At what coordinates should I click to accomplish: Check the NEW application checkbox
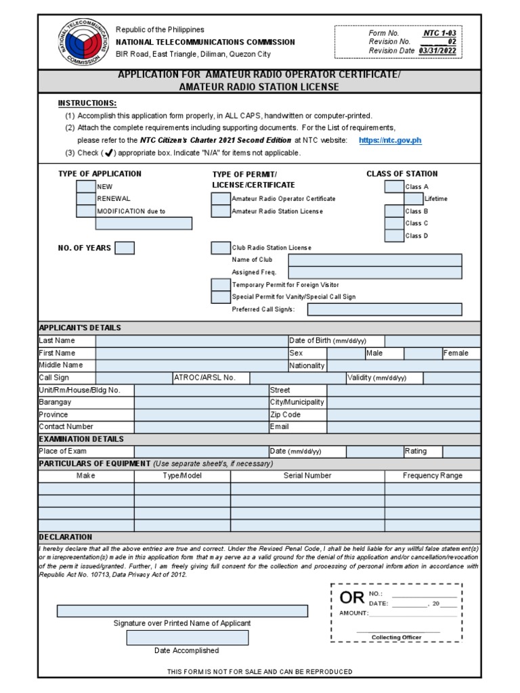pyautogui.click(x=86, y=186)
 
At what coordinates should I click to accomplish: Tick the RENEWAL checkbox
pyautogui.click(x=86, y=199)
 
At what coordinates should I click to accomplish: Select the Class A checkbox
pyautogui.click(x=394, y=186)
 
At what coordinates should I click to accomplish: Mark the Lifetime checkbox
pyautogui.click(x=414, y=199)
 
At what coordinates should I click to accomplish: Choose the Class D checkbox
pyautogui.click(x=394, y=236)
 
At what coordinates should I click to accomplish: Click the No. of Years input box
pyautogui.click(x=125, y=248)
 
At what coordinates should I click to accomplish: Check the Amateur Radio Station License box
pyautogui.click(x=221, y=211)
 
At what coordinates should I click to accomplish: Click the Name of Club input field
pyautogui.click(x=375, y=260)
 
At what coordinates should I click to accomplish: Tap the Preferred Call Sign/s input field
pyautogui.click(x=385, y=309)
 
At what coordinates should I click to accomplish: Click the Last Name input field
pyautogui.click(x=191, y=341)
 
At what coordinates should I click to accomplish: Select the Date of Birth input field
pyautogui.click(x=433, y=341)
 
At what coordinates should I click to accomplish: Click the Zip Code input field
pyautogui.click(x=404, y=415)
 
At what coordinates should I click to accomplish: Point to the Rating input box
pyautogui.click(x=462, y=451)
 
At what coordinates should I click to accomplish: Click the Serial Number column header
pyautogui.click(x=307, y=476)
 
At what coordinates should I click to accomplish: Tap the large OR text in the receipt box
pyautogui.click(x=352, y=598)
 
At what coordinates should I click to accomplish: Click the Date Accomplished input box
pyautogui.click(x=188, y=638)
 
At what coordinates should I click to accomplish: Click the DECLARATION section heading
pyautogui.click(x=66, y=537)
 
